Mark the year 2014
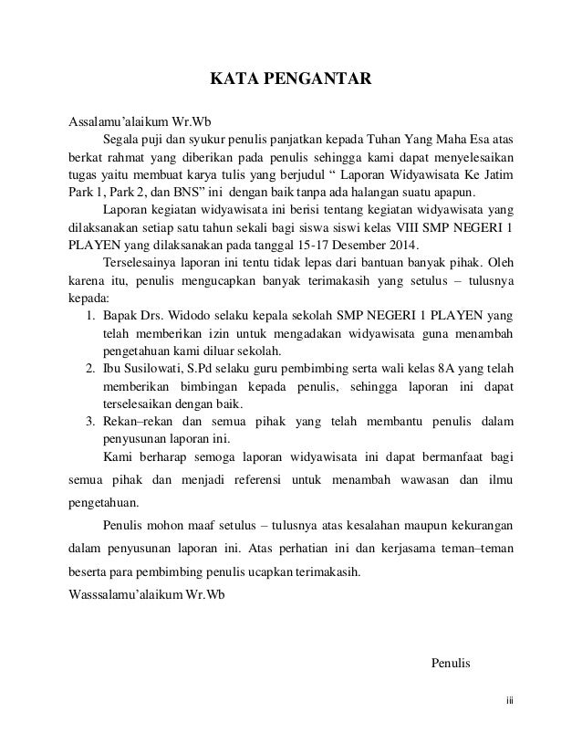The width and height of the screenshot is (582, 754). pyautogui.click(x=397, y=246)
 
